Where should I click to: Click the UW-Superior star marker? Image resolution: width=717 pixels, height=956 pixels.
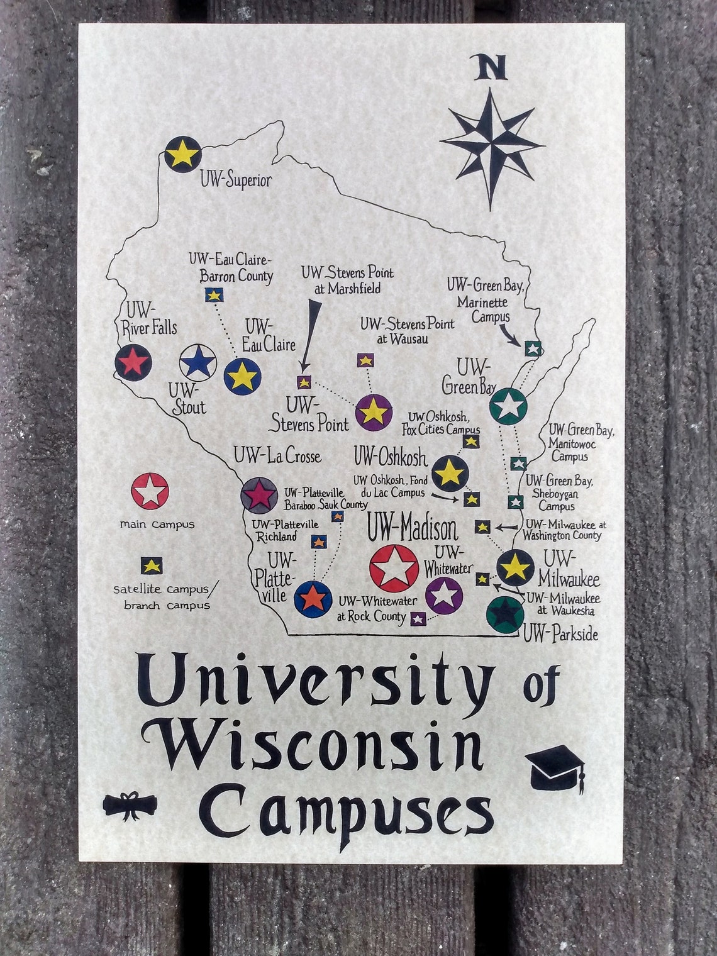tap(182, 153)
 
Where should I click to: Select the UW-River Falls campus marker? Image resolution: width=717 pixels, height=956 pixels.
tap(133, 362)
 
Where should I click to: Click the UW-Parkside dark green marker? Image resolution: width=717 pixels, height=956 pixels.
tap(504, 613)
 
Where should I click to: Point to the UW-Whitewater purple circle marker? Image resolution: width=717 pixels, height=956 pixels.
tap(444, 594)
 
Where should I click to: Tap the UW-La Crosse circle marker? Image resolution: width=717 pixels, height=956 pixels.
tap(258, 494)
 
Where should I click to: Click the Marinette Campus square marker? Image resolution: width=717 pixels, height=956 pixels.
tap(532, 348)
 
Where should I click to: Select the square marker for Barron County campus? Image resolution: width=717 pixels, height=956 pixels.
tap(214, 294)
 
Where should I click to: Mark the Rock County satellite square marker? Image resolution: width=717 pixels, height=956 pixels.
tap(417, 618)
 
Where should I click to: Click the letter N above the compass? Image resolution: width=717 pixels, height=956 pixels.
tap(491, 69)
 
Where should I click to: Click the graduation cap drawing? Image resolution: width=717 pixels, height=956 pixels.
tap(556, 767)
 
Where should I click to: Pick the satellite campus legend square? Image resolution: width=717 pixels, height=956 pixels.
tap(151, 565)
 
